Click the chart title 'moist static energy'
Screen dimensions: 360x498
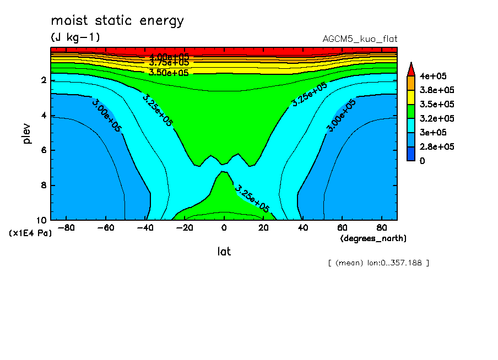(117, 21)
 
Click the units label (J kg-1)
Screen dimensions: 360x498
(76, 37)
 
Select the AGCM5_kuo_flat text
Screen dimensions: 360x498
(360, 39)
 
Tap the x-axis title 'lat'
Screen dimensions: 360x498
(224, 252)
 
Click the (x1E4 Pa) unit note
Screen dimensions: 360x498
(31, 233)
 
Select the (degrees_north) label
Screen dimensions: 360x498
(373, 238)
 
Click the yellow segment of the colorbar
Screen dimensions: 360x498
(410, 97)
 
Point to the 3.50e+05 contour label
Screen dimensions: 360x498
(169, 72)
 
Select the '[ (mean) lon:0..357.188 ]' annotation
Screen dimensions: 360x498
(378, 263)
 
